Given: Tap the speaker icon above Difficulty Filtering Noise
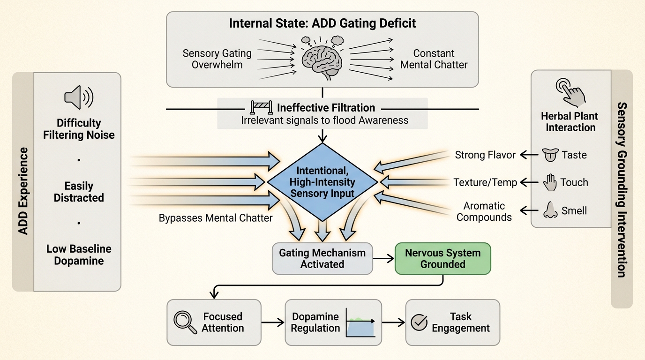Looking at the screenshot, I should [x=78, y=97].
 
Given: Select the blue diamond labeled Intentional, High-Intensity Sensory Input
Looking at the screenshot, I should [x=322, y=182].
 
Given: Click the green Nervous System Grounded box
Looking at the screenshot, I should [x=443, y=258].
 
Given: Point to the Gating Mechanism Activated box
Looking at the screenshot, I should [x=322, y=258].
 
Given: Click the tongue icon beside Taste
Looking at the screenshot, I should [x=549, y=155].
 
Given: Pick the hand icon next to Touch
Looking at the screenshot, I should [x=549, y=182].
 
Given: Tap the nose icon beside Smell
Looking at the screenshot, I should [x=549, y=210].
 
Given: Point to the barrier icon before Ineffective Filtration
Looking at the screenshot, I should [x=259, y=107].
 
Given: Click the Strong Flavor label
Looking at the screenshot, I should [x=485, y=155].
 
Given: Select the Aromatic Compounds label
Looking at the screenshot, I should [x=484, y=211].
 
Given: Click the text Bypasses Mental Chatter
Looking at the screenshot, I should [x=216, y=218].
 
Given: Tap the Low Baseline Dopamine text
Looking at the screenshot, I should [x=79, y=255].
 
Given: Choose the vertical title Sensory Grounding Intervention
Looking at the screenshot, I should [x=622, y=189].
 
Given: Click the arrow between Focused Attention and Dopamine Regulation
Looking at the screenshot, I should [x=273, y=322].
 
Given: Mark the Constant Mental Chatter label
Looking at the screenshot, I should [x=434, y=59].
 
